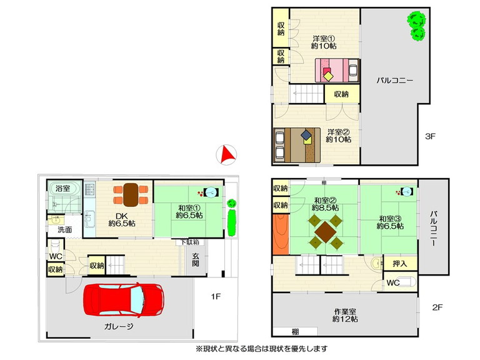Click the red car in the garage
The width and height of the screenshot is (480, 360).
pyautogui.click(x=124, y=299)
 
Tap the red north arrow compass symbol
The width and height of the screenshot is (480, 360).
pyautogui.click(x=226, y=155)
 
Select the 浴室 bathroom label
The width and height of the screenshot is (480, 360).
pyautogui.click(x=63, y=188)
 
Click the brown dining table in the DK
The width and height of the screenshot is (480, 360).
pyautogui.click(x=131, y=195)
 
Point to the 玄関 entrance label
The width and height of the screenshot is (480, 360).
pyautogui.click(x=196, y=259)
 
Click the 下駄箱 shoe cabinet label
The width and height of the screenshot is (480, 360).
pyautogui.click(x=189, y=242)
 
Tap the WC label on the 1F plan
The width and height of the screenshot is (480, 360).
pyautogui.click(x=56, y=256)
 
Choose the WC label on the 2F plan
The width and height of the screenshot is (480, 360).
pyautogui.click(x=392, y=283)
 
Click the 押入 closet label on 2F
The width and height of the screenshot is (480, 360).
pyautogui.click(x=400, y=263)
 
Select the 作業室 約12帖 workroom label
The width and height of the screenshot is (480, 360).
pyautogui.click(x=345, y=315)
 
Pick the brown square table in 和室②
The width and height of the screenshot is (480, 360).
pyautogui.click(x=326, y=231)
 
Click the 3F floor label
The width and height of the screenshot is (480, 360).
pyautogui.click(x=430, y=136)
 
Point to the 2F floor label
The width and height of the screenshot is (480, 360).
pyautogui.click(x=437, y=307)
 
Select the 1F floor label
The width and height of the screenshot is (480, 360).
pyautogui.click(x=216, y=296)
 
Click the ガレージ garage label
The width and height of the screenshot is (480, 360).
pyautogui.click(x=119, y=326)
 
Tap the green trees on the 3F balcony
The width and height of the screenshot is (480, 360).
pyautogui.click(x=416, y=26)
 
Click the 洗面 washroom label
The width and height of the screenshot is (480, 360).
pyautogui.click(x=64, y=229)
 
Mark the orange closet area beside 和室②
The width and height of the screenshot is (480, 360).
pyautogui.click(x=281, y=234)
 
